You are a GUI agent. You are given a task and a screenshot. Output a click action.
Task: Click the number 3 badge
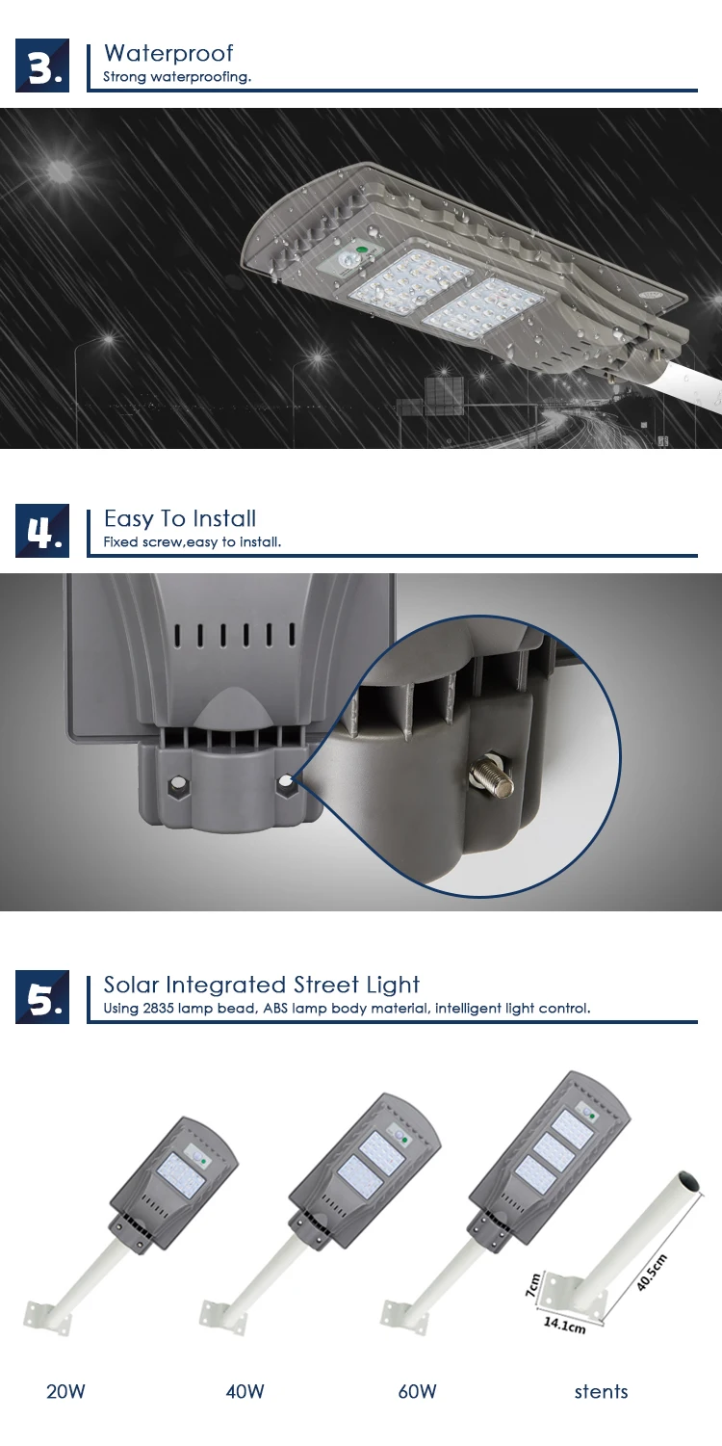pyautogui.click(x=42, y=66)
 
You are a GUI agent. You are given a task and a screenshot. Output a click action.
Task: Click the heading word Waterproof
pyautogui.click(x=168, y=53)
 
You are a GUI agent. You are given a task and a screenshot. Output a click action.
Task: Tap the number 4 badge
pyautogui.click(x=42, y=530)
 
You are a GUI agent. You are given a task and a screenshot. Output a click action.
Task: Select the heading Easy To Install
pyautogui.click(x=180, y=518)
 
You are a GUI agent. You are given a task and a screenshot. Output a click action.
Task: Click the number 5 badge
pyautogui.click(x=42, y=997)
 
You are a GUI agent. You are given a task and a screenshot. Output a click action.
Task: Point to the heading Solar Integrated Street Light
pyautogui.click(x=262, y=985)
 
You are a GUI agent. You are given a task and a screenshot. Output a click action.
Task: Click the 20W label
pyautogui.click(x=65, y=1391)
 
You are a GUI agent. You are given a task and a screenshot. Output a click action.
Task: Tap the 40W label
pyautogui.click(x=245, y=1391)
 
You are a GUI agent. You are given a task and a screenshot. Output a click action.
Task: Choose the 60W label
pyautogui.click(x=417, y=1391)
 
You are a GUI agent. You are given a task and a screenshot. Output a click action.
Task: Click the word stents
pyautogui.click(x=601, y=1391)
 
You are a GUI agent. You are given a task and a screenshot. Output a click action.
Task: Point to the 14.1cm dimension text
pyautogui.click(x=564, y=1325)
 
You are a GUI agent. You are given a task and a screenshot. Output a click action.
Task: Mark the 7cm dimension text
pyautogui.click(x=532, y=1285)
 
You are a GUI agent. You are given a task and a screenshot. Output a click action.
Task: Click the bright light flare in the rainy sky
pyautogui.click(x=60, y=172)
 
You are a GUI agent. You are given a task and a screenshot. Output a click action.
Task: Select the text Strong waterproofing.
pyautogui.click(x=177, y=77)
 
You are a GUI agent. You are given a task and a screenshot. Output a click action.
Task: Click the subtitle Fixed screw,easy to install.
pyautogui.click(x=193, y=542)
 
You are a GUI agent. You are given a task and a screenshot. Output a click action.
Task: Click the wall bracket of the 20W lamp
pyautogui.click(x=44, y=1315)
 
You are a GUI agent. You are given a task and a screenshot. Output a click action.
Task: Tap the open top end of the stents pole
pyautogui.click(x=688, y=1184)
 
